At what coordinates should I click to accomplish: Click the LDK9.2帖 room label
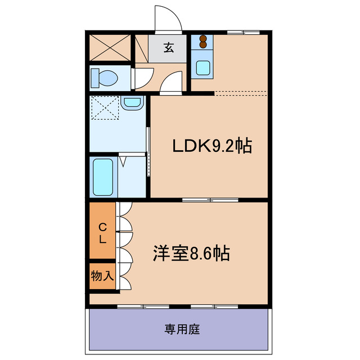coord(211,147)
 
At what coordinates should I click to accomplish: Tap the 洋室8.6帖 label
coord(191,253)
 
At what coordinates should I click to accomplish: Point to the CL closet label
coord(103,233)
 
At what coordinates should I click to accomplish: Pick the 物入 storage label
coord(102,276)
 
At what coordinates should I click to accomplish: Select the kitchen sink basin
coord(202,67)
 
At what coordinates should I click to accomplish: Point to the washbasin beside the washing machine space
coord(132,103)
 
